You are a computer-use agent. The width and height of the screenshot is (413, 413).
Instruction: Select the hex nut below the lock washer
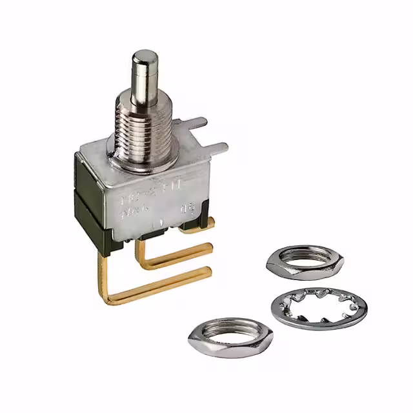click(x=230, y=336)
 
